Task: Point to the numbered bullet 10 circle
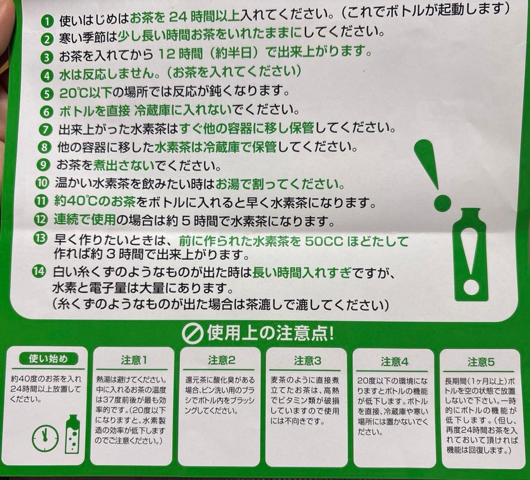42,184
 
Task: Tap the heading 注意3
307,361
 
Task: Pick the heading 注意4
395,362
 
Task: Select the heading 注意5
481,363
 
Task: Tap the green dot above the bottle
442,202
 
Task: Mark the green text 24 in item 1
179,17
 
